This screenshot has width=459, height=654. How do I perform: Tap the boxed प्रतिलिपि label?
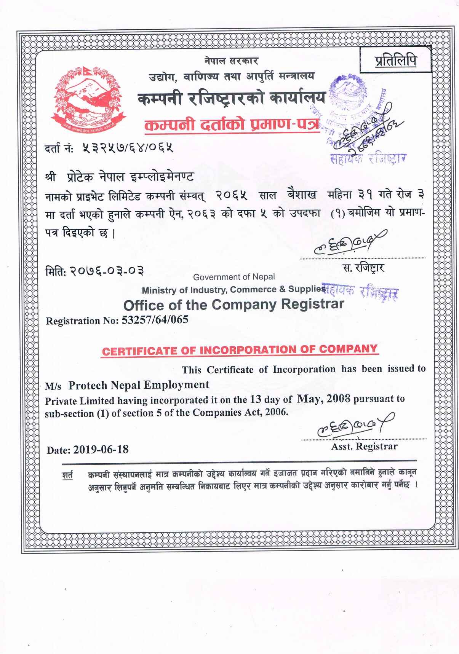click(x=395, y=60)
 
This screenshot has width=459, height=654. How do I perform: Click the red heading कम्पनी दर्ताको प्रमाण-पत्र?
click(x=231, y=125)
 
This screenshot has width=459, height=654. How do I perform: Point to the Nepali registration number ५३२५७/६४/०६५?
click(x=128, y=148)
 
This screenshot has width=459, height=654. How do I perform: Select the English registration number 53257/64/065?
click(x=155, y=320)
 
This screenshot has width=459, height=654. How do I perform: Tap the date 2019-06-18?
click(x=101, y=450)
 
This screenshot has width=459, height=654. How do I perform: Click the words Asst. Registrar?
click(x=364, y=447)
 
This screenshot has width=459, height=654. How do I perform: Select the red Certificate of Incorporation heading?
click(x=240, y=350)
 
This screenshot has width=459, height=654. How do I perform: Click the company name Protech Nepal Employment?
click(x=139, y=385)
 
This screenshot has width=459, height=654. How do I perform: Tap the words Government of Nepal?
click(x=233, y=277)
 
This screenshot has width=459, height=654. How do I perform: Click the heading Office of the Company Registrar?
click(x=233, y=305)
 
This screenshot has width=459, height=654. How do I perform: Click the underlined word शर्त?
click(x=67, y=475)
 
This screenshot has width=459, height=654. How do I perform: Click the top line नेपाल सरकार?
click(x=231, y=61)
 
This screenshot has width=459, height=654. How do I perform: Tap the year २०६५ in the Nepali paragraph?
click(x=232, y=196)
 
